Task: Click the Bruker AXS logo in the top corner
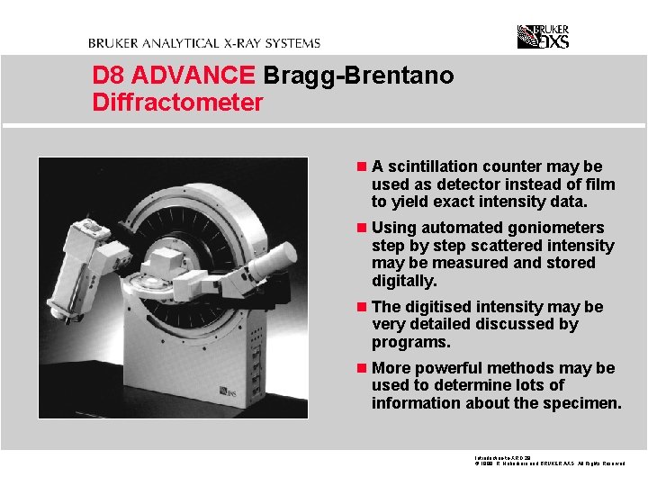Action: click(x=543, y=36)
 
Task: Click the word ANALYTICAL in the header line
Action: click(x=177, y=42)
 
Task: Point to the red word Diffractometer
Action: click(x=177, y=103)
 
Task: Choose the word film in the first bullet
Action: click(x=599, y=184)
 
